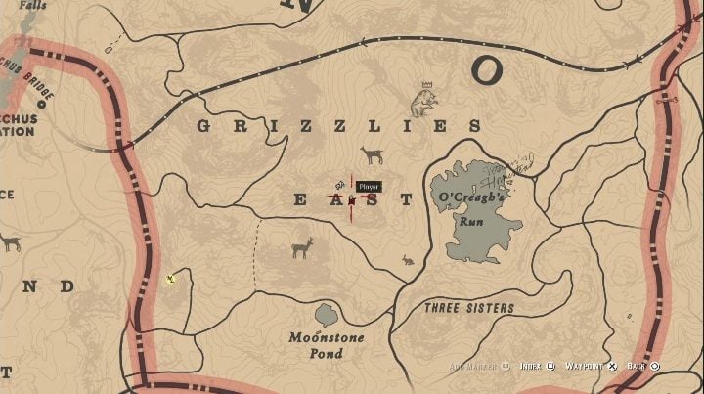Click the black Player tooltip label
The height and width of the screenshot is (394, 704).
(368, 186)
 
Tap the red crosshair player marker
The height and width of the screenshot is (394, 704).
(351, 199)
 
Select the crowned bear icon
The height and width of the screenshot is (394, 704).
(424, 100)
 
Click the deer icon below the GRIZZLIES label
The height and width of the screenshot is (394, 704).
(372, 155)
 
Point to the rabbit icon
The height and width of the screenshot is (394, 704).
(408, 260)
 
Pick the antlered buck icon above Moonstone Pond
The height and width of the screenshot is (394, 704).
(302, 247)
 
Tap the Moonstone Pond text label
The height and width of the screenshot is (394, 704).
(327, 345)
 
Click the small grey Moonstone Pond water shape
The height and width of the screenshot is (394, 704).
(326, 315)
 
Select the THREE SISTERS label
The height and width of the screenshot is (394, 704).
(468, 308)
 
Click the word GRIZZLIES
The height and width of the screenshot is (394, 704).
(339, 126)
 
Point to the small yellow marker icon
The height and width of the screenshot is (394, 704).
(171, 279)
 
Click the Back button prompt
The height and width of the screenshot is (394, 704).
(641, 367)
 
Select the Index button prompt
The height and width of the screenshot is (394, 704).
(537, 367)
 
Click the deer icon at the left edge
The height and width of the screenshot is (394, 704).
(9, 241)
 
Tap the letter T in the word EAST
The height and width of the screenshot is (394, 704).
(406, 199)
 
